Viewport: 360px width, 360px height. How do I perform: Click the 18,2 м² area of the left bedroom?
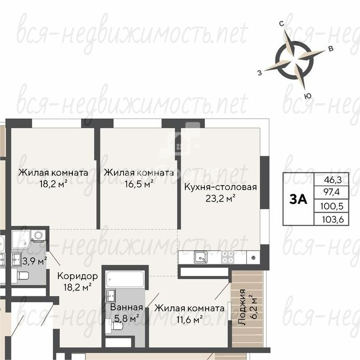coord(53,184)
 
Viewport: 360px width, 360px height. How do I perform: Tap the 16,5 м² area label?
coord(139,184)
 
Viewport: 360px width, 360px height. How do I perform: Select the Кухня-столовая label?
coord(221,187)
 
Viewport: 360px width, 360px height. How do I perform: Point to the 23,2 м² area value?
coord(220,198)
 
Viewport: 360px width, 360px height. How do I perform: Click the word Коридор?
coord(78,276)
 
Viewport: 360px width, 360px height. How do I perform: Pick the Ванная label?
coord(126,307)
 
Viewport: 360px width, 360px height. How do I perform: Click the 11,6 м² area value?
coord(189,319)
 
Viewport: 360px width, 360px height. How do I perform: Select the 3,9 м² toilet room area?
coord(34,261)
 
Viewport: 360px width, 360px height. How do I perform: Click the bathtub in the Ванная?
coord(125,279)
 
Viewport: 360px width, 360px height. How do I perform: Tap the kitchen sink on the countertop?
coord(200,257)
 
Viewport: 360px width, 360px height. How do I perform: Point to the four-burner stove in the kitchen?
coord(227,257)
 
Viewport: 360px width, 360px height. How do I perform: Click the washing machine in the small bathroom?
coord(39,236)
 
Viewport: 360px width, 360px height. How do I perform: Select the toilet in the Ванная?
coord(117,326)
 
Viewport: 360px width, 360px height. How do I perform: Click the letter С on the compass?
coord(282,24)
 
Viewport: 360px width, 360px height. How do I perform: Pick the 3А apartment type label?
coord(298,199)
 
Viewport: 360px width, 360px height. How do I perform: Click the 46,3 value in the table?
coord(333,179)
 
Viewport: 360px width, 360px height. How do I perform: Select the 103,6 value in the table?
coord(333,220)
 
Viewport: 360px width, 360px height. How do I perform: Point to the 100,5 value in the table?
coord(332,206)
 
